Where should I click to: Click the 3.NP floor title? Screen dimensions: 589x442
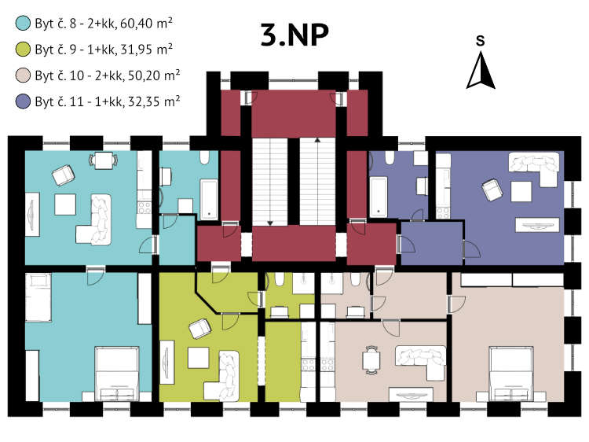tap(294, 35)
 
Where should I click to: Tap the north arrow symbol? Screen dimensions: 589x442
tap(481, 70)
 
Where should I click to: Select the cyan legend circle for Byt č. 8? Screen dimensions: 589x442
tap(23, 23)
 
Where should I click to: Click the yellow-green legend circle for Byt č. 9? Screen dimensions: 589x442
tap(23, 50)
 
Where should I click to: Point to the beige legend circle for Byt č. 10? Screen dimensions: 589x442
tap(23, 76)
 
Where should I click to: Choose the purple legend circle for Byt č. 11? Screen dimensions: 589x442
tap(23, 101)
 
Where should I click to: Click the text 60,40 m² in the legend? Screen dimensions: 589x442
tap(147, 24)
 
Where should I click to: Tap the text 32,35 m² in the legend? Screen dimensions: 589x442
tap(154, 101)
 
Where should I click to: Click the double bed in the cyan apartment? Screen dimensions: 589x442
tap(117, 374)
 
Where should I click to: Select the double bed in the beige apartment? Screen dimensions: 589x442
tap(511, 374)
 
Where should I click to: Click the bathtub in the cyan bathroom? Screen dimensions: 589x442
tap(209, 199)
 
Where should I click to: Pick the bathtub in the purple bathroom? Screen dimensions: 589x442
tap(379, 197)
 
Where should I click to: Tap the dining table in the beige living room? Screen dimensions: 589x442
tap(371, 360)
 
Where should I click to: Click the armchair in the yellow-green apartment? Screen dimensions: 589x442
tap(199, 329)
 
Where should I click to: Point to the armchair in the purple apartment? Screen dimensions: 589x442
tap(492, 190)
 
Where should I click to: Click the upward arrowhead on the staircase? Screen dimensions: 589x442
tap(317, 140)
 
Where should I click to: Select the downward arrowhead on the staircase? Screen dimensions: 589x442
tap(270, 223)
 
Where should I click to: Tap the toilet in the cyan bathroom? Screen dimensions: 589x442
tap(204, 157)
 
